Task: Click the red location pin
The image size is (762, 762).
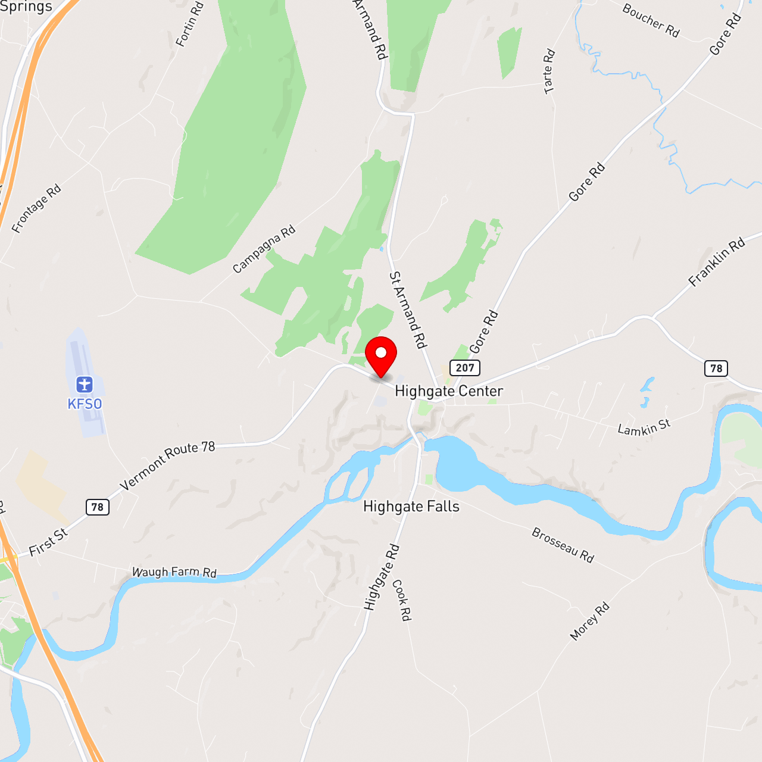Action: pyautogui.click(x=381, y=355)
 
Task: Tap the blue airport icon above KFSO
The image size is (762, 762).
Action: pyautogui.click(x=85, y=385)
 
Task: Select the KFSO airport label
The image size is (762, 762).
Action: pyautogui.click(x=85, y=404)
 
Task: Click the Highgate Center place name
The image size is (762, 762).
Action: pyautogui.click(x=449, y=391)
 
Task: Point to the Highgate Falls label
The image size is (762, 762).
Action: pyautogui.click(x=411, y=507)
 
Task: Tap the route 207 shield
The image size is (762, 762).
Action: pyautogui.click(x=465, y=368)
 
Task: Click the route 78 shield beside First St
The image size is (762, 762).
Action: pyautogui.click(x=98, y=507)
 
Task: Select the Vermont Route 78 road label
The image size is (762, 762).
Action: pyautogui.click(x=167, y=465)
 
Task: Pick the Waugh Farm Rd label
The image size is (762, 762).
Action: pyautogui.click(x=174, y=572)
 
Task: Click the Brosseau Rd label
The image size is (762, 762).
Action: pyautogui.click(x=563, y=545)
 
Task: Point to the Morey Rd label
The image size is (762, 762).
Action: pyautogui.click(x=589, y=622)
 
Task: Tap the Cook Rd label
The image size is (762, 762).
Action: pyautogui.click(x=402, y=600)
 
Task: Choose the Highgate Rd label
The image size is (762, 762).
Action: pyautogui.click(x=382, y=577)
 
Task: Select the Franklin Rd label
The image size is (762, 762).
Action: pyautogui.click(x=717, y=262)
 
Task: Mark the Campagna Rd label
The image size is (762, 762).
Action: pyautogui.click(x=264, y=249)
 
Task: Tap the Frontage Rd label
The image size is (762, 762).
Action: pyautogui.click(x=36, y=209)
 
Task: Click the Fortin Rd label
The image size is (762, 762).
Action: pyautogui.click(x=190, y=24)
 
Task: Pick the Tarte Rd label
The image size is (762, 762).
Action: pyautogui.click(x=549, y=71)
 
